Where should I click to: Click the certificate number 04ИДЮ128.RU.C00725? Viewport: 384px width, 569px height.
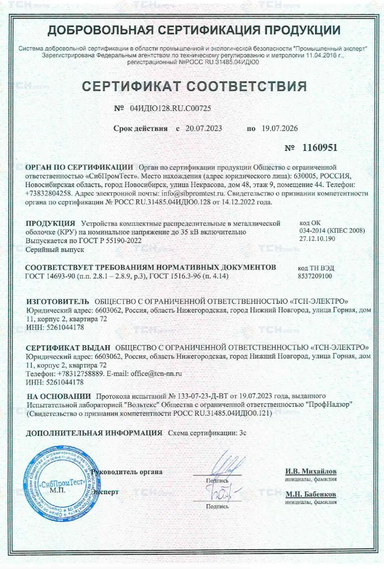pos(170,109)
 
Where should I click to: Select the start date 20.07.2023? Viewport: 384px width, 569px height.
pos(204,128)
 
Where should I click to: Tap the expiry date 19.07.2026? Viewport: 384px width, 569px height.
pos(279,128)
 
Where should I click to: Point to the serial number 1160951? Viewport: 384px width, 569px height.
pos(319,148)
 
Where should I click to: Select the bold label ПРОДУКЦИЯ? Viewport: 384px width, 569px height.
pos(50,223)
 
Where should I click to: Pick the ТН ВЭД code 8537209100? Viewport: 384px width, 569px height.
pos(315,276)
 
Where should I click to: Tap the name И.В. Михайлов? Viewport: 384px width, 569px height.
pos(311,471)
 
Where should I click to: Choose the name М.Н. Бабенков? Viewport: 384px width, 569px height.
pos(311,495)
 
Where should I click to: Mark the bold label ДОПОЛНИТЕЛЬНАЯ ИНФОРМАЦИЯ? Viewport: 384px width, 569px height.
pos(94,432)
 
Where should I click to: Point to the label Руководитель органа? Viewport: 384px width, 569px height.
pos(127,472)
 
